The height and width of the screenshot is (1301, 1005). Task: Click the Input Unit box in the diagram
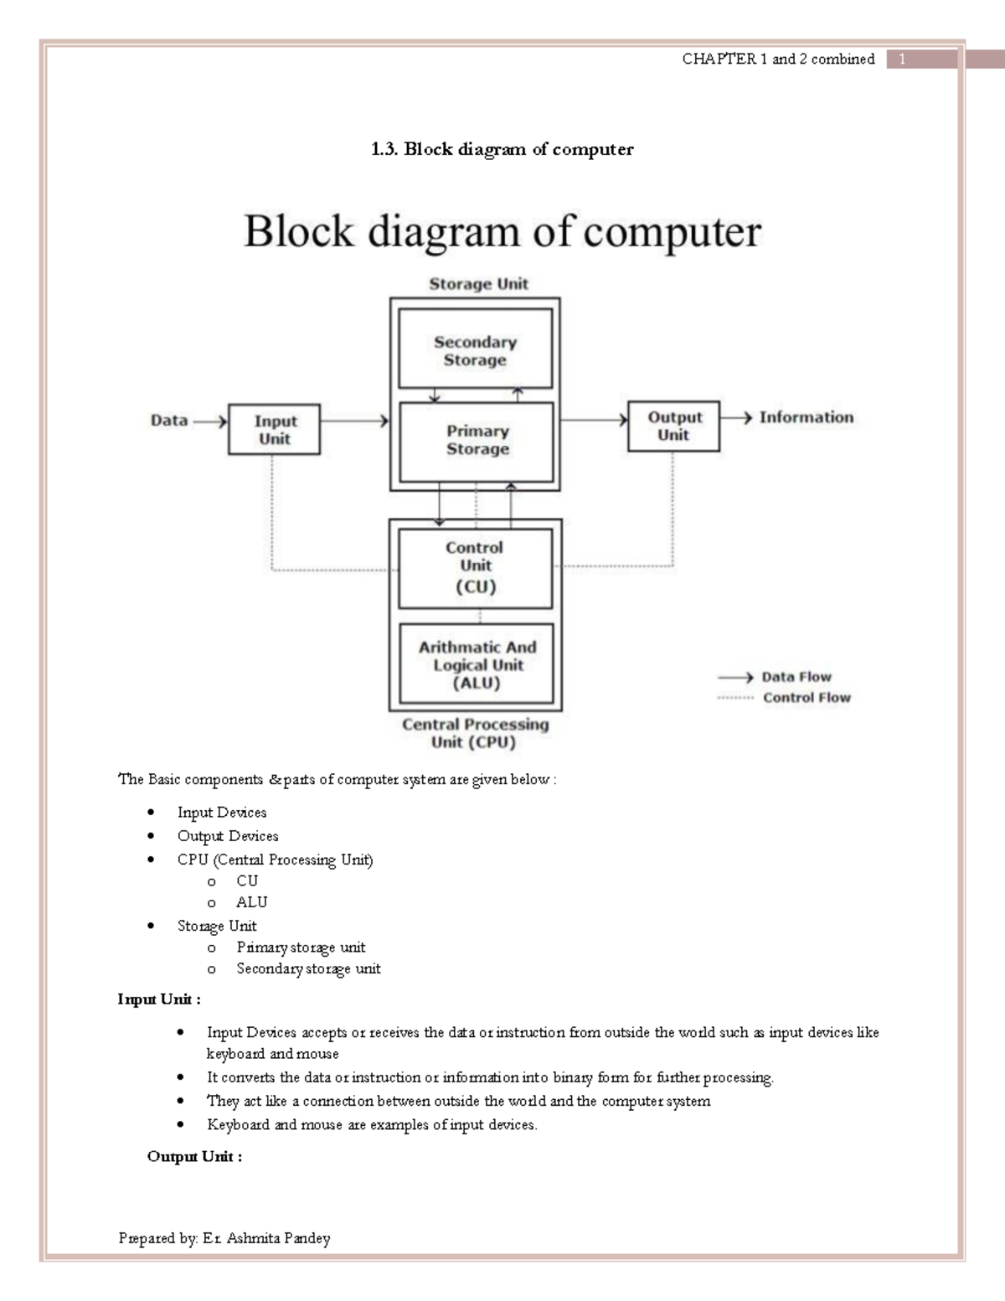pyautogui.click(x=274, y=430)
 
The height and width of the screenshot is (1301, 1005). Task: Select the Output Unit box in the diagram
pyautogui.click(x=673, y=426)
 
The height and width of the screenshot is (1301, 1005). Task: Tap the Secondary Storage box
pyautogui.click(x=475, y=350)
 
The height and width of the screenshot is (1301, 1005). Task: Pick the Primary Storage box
pyautogui.click(x=477, y=441)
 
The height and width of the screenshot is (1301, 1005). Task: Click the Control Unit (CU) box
pyautogui.click(x=475, y=567)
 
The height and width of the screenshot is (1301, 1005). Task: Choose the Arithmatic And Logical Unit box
pyautogui.click(x=477, y=665)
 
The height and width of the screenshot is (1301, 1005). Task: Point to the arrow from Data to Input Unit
pyautogui.click(x=209, y=421)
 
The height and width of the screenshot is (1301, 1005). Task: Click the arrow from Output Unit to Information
pyautogui.click(x=737, y=417)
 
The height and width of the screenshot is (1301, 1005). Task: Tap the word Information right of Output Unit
pyautogui.click(x=807, y=417)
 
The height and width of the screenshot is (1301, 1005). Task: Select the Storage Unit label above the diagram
pyautogui.click(x=478, y=284)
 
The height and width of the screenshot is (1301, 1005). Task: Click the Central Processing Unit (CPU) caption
pyautogui.click(x=475, y=733)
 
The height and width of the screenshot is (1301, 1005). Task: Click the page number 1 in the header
pyautogui.click(x=902, y=59)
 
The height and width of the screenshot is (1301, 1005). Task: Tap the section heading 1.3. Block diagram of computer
pyautogui.click(x=502, y=149)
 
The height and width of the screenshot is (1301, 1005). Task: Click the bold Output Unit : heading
pyautogui.click(x=194, y=1157)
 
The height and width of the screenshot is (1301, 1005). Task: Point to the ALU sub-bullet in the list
pyautogui.click(x=251, y=902)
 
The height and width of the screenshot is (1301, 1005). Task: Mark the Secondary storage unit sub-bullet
pyautogui.click(x=308, y=968)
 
